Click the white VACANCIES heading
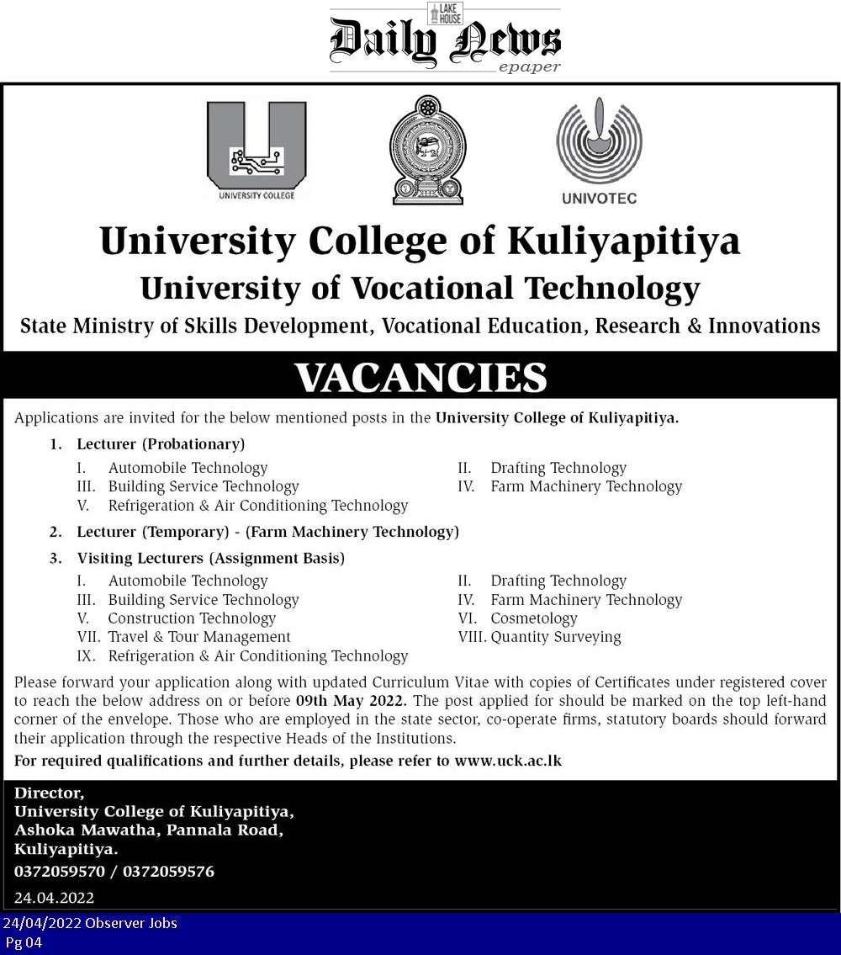pyautogui.click(x=420, y=378)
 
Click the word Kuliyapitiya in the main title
pyautogui.click(x=623, y=241)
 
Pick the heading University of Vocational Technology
pyautogui.click(x=420, y=288)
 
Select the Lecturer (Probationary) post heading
pyautogui.click(x=161, y=443)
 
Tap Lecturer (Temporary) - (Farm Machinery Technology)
pyautogui.click(x=267, y=532)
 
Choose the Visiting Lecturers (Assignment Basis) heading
pyautogui.click(x=210, y=557)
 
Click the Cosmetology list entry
pyautogui.click(x=534, y=618)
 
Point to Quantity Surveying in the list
pyautogui.click(x=556, y=637)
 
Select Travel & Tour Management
pyautogui.click(x=199, y=637)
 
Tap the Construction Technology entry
pyautogui.click(x=192, y=618)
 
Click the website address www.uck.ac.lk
pyautogui.click(x=508, y=761)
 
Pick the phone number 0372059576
pyautogui.click(x=168, y=872)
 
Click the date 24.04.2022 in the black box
pyautogui.click(x=55, y=898)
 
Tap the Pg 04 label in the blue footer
pyautogui.click(x=24, y=942)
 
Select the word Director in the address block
pyautogui.click(x=49, y=793)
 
